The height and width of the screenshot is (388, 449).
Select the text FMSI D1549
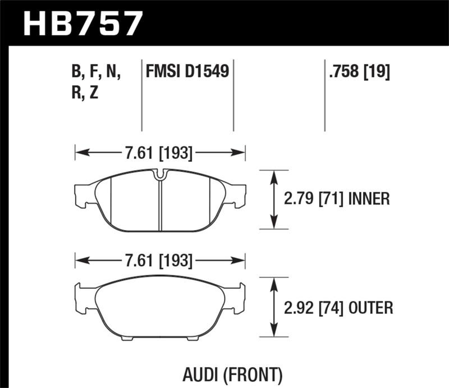187,72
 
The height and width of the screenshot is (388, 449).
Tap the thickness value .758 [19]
358,72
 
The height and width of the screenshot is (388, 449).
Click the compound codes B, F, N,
97,72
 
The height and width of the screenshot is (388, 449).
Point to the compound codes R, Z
85,93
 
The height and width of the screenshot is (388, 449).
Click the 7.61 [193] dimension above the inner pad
160,152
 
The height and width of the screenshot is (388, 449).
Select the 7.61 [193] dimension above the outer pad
160,261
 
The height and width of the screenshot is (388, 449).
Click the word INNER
369,199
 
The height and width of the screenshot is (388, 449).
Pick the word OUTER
370,307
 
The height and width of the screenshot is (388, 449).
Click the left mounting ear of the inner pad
83,194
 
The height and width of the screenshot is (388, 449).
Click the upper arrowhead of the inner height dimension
273,175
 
